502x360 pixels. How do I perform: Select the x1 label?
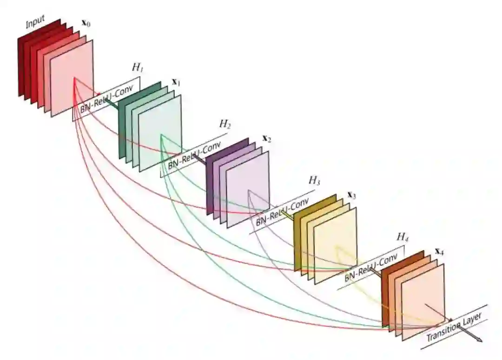click(x=176, y=82)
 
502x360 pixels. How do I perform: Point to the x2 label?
click(x=267, y=138)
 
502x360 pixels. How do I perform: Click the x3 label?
click(x=351, y=196)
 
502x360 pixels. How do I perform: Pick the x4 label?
click(x=439, y=252)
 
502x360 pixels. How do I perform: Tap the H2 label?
click(x=225, y=124)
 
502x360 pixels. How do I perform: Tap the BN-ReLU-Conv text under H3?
click(x=282, y=212)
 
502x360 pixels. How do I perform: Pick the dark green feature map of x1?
click(x=122, y=125)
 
